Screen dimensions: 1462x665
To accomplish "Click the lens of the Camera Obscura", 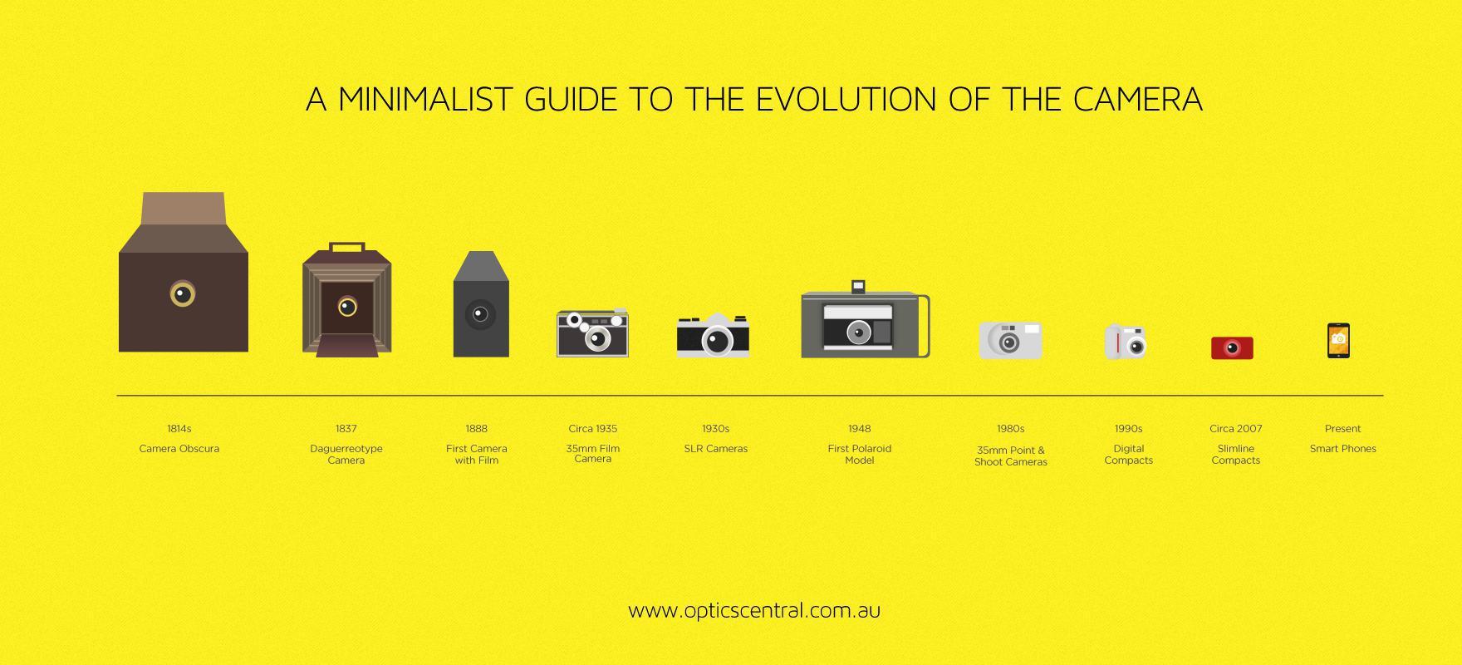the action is pos(183,293).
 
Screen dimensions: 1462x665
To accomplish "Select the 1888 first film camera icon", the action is pos(481,304).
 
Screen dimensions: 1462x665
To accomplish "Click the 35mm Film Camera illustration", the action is pos(592,332).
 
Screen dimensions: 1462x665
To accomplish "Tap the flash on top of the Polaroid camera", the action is pos(858,287).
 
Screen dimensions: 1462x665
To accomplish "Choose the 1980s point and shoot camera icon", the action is pos(1010,341).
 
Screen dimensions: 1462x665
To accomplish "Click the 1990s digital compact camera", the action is pos(1126,342).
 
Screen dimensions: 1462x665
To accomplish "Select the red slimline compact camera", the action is pos(1232,347).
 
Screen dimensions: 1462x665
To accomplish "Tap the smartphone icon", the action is pos(1338,341).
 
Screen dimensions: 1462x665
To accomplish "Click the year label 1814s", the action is pos(179,429).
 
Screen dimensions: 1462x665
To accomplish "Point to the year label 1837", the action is pos(346,429).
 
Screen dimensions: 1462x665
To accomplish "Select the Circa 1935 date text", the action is pos(593,429).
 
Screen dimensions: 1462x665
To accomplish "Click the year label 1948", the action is pos(860,429).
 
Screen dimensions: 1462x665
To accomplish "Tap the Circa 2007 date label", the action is pos(1236,429).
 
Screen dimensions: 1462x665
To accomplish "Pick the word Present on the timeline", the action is pos(1343,429).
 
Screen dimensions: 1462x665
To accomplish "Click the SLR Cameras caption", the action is pos(716,449).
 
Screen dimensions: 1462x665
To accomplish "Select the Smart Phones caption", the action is pos(1343,449).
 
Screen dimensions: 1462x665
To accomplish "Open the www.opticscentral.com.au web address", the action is pos(754,610).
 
